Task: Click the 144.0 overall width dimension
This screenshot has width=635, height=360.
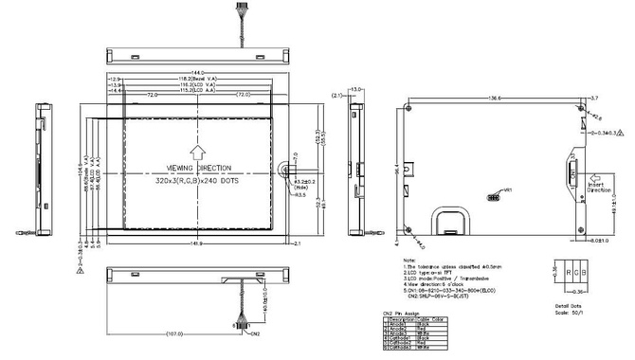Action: pyautogui.click(x=199, y=72)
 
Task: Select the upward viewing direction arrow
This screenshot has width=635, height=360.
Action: pyautogui.click(x=197, y=151)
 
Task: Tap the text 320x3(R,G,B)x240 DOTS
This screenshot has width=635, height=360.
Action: pyautogui.click(x=198, y=180)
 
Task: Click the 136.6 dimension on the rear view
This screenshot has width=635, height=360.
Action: pyautogui.click(x=494, y=98)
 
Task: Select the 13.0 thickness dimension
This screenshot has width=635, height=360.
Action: pyautogui.click(x=357, y=88)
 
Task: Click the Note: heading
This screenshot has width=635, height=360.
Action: pyautogui.click(x=408, y=258)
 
